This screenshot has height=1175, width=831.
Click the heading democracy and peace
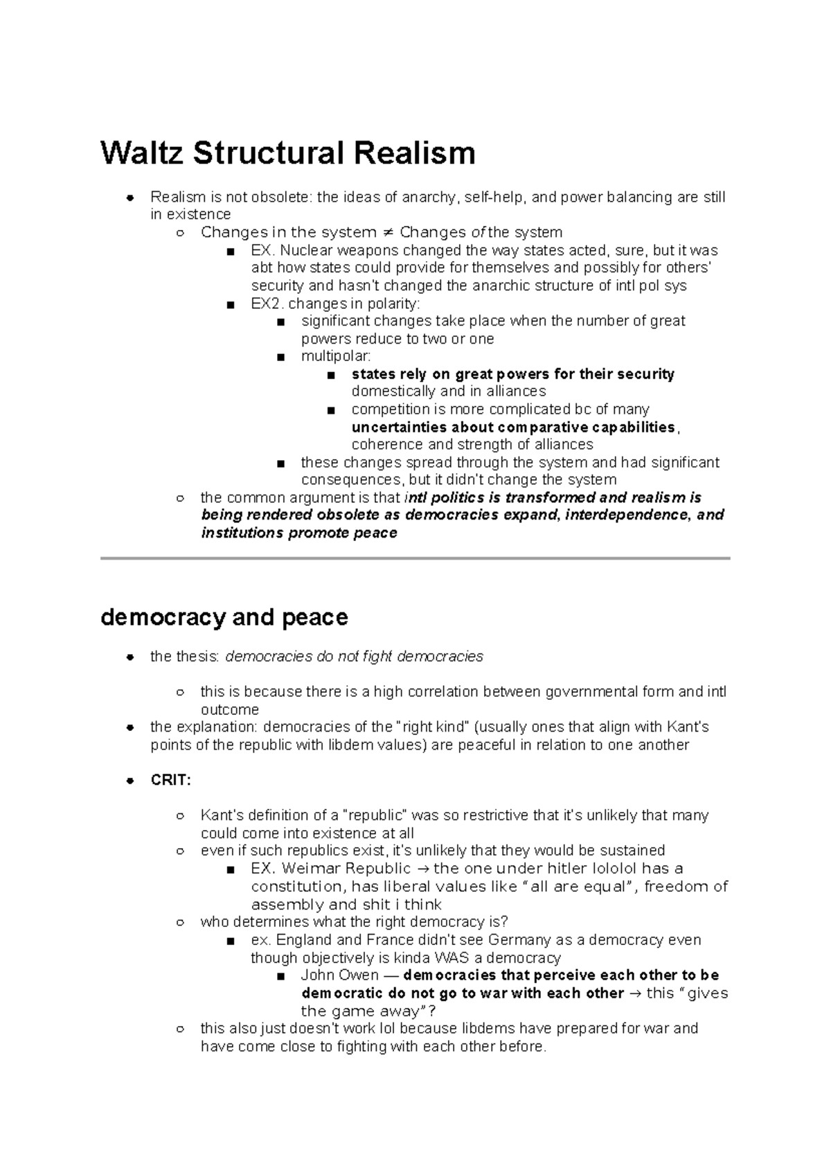(x=224, y=617)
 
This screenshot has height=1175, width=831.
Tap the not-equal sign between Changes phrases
(x=388, y=233)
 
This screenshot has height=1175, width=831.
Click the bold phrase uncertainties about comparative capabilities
(x=512, y=427)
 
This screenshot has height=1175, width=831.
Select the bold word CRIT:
(x=170, y=780)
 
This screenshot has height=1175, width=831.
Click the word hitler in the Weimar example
(x=567, y=869)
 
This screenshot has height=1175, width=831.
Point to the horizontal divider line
(x=415, y=558)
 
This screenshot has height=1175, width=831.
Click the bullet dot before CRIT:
(x=129, y=781)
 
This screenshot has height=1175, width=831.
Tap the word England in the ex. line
(x=303, y=940)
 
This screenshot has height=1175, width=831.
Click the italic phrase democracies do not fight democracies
(x=355, y=656)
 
